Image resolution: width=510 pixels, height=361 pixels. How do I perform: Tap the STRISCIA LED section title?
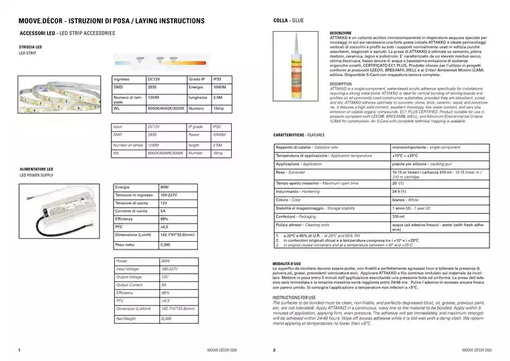[x=31, y=47]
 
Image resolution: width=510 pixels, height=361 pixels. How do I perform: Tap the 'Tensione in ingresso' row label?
[x=132, y=195]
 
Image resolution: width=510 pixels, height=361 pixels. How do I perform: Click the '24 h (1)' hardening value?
[x=399, y=191]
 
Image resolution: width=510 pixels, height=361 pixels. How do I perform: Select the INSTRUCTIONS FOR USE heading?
[x=297, y=298]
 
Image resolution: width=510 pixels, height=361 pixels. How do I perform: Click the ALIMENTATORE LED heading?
[x=37, y=169]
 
